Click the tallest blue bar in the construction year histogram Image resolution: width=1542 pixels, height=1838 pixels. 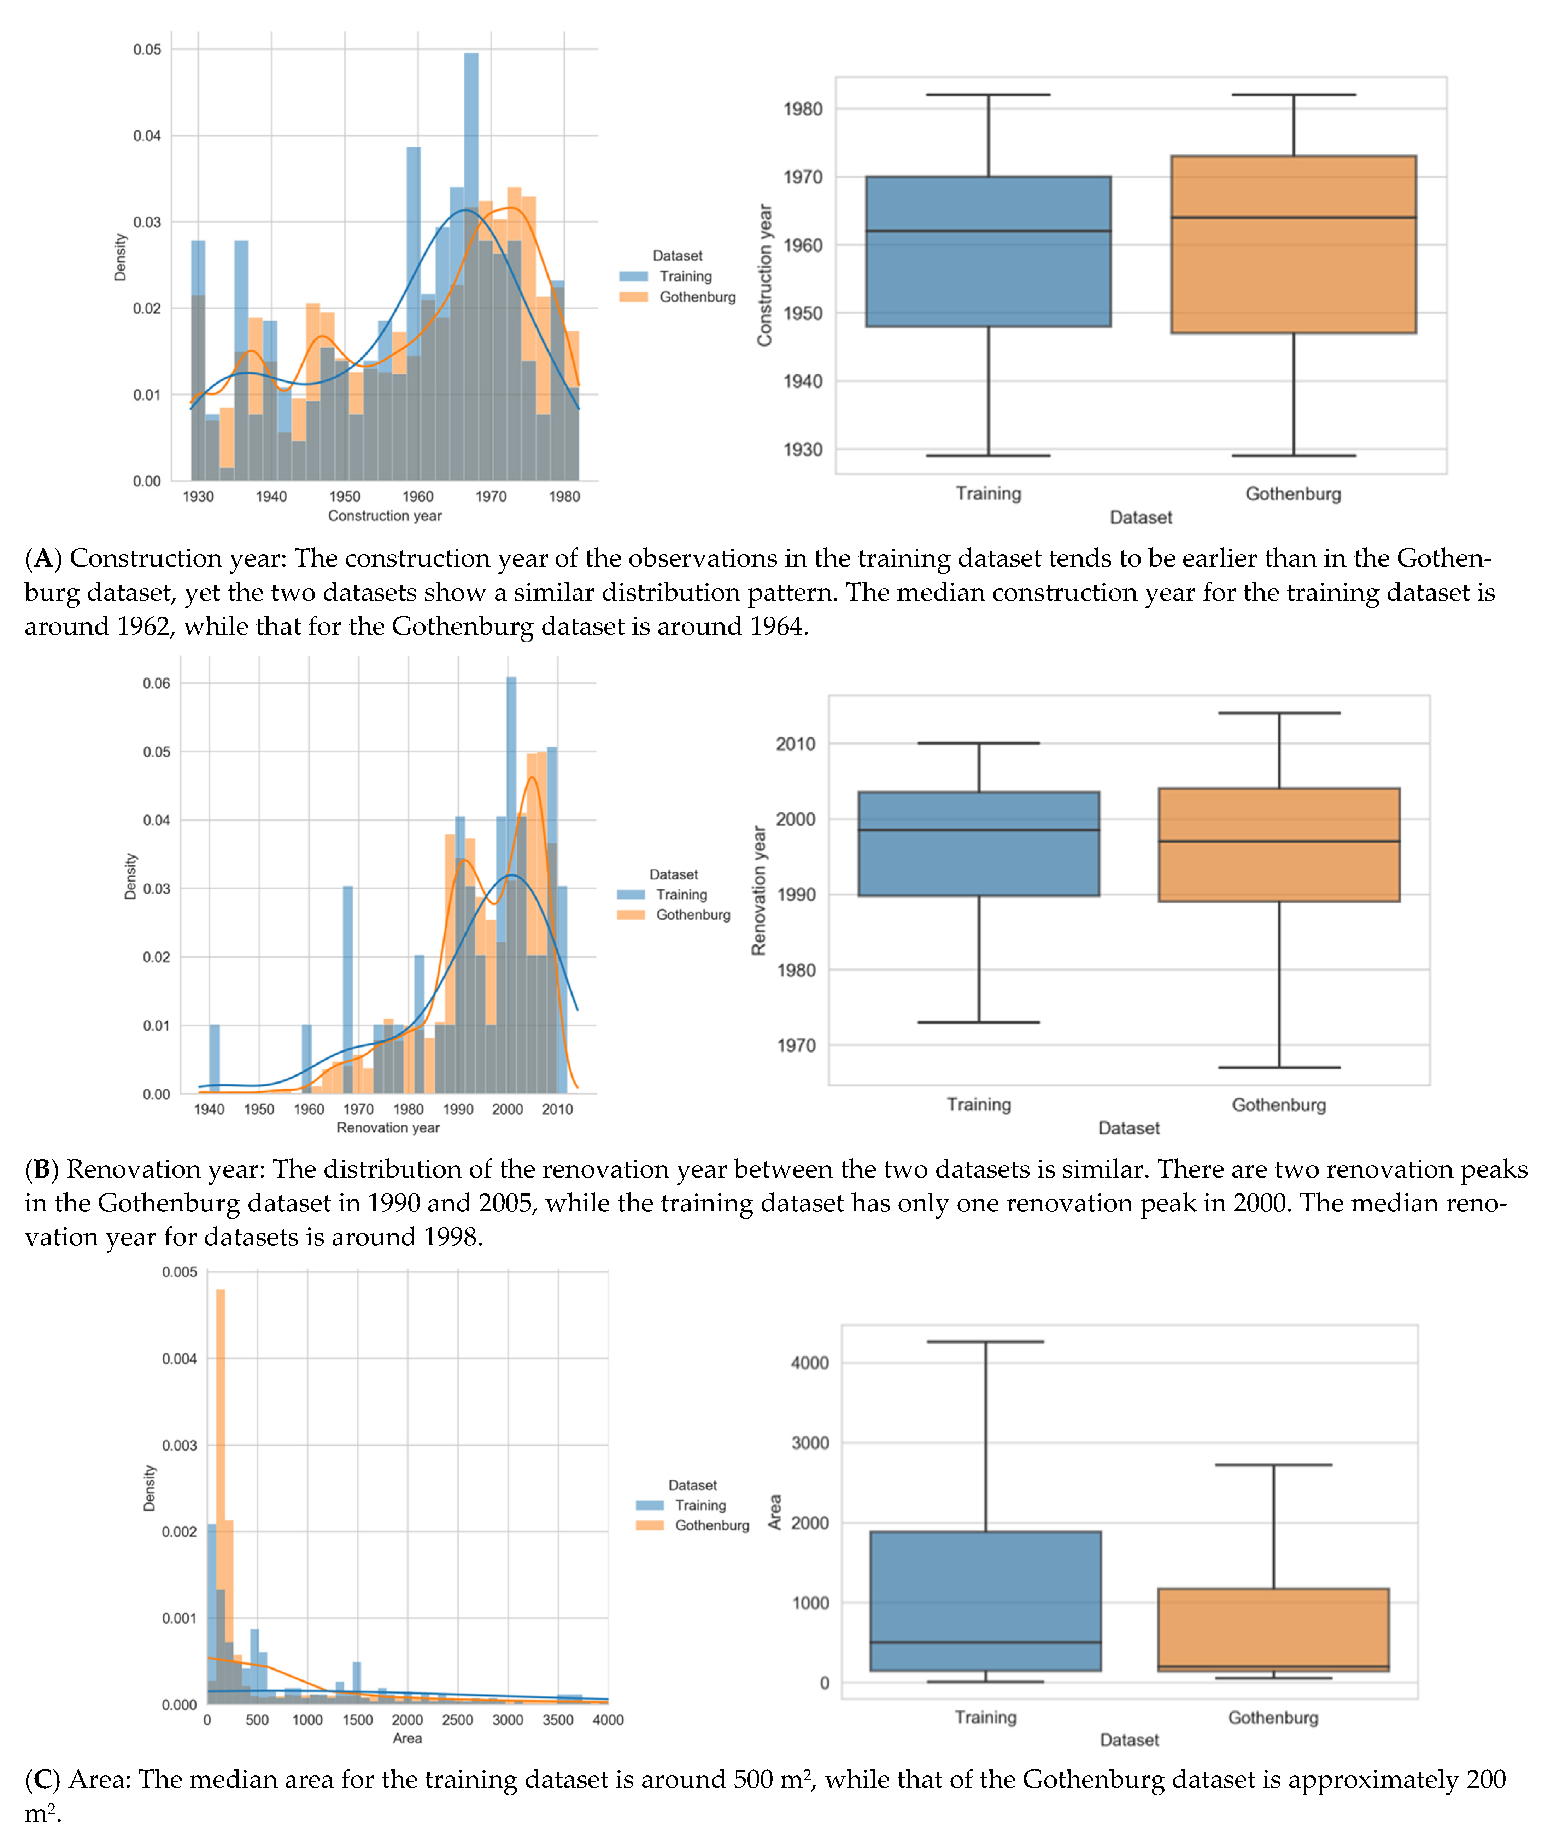click(x=471, y=262)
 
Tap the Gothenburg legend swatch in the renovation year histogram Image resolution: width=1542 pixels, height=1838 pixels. click(x=631, y=915)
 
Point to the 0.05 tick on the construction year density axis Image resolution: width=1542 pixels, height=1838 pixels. click(x=147, y=50)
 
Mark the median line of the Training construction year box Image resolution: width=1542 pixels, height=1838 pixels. click(x=988, y=231)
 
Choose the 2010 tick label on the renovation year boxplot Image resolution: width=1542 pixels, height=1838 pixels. click(x=795, y=744)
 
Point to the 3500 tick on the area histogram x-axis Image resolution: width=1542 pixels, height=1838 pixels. click(x=558, y=1720)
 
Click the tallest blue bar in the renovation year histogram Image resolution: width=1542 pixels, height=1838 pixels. click(x=511, y=884)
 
